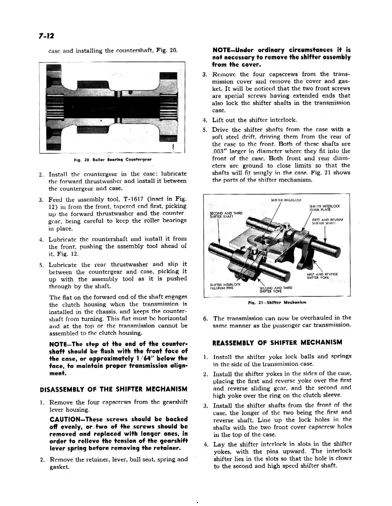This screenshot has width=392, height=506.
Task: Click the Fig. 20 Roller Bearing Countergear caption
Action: click(113, 160)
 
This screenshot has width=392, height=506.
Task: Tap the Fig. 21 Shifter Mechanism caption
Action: click(277, 302)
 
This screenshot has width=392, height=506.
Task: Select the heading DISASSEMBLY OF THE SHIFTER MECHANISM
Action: click(114, 389)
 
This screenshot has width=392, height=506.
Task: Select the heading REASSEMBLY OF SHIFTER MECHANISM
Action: click(277, 342)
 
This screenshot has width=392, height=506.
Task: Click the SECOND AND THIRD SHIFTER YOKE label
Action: click(276, 289)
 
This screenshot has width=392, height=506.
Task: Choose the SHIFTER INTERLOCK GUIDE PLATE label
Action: click(325, 208)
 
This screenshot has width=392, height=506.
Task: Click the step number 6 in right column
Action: click(205, 318)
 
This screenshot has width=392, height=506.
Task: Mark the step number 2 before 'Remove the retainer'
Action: click(42, 459)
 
